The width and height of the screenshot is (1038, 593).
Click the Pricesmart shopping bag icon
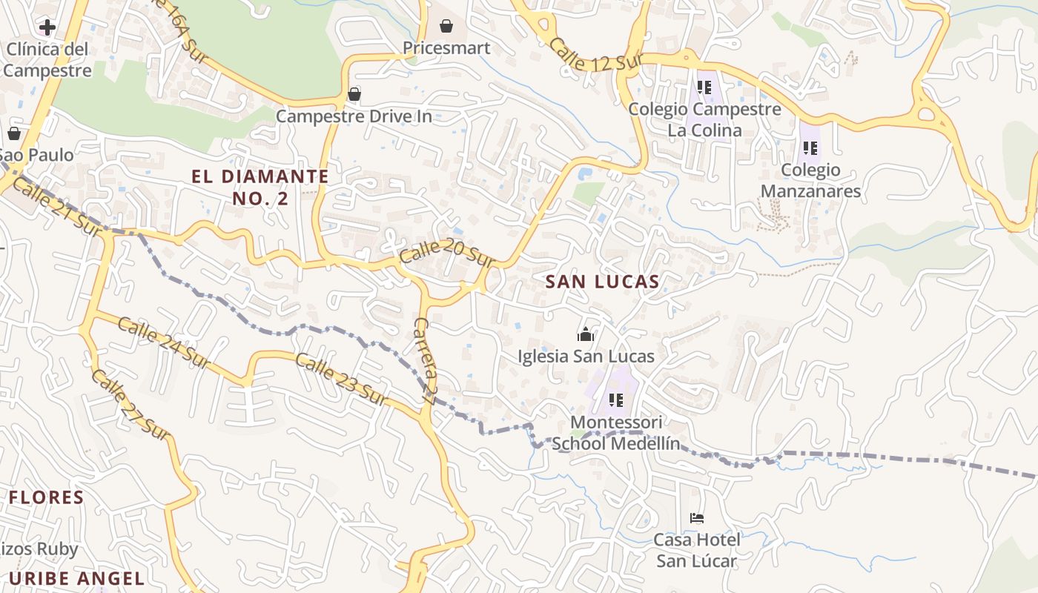tap(446, 27)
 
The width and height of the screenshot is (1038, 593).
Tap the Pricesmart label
tap(446, 48)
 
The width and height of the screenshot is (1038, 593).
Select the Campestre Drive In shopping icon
tap(354, 94)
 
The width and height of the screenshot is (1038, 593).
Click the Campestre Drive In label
tap(354, 116)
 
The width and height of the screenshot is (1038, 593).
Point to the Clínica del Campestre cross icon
tap(47, 28)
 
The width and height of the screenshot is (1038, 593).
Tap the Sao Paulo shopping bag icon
tap(13, 133)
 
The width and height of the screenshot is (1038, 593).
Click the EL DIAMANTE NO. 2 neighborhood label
tap(259, 187)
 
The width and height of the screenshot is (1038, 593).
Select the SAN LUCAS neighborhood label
tap(602, 282)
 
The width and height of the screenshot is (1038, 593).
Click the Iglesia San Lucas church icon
tap(586, 334)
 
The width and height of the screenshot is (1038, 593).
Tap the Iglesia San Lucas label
tap(586, 357)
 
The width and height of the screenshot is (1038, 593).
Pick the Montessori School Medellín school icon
tap(615, 400)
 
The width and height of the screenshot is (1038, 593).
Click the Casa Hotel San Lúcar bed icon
tap(696, 517)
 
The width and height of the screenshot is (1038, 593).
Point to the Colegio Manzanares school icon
tap(810, 148)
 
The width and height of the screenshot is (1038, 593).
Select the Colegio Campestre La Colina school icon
tap(704, 87)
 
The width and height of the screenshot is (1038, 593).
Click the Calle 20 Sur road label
tap(447, 254)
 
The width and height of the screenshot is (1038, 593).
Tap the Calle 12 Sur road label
tap(595, 55)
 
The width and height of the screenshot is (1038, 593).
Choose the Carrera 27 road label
tap(424, 360)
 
